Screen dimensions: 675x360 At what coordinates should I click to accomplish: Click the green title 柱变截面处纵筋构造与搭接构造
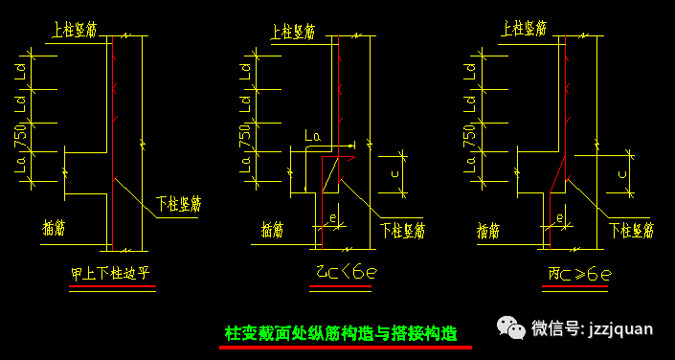341,334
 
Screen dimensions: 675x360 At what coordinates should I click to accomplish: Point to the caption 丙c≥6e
579,275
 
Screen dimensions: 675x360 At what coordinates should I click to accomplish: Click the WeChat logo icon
509,327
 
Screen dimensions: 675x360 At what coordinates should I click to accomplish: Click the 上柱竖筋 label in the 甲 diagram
73,30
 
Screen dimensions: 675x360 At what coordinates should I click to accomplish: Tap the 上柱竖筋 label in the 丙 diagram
523,30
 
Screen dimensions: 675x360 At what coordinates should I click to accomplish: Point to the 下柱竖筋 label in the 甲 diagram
178,203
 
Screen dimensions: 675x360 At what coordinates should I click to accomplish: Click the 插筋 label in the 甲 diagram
55,228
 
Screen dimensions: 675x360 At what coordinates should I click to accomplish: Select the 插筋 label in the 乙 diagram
273,229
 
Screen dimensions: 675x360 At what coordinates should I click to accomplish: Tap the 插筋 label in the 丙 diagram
487,230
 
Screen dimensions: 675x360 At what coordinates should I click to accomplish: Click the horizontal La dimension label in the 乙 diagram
311,138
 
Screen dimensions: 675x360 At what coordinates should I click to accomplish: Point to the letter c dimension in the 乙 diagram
395,173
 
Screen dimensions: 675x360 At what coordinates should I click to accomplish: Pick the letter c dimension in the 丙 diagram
622,173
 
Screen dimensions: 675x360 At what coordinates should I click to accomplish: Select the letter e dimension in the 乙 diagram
331,218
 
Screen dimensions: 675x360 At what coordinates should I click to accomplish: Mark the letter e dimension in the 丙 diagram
558,218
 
